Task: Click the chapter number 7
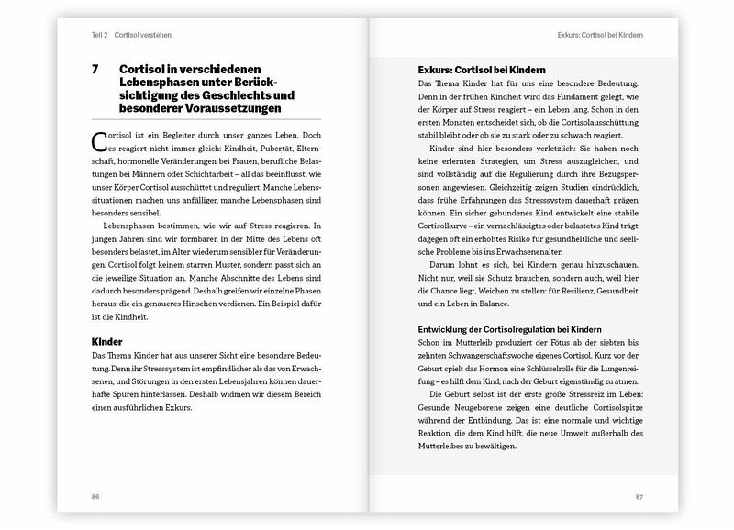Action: pyautogui.click(x=95, y=70)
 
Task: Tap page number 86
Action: pyautogui.click(x=95, y=497)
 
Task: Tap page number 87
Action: pyautogui.click(x=639, y=497)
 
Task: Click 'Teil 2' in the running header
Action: pyautogui.click(x=99, y=34)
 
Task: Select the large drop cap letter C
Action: pyautogui.click(x=100, y=139)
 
